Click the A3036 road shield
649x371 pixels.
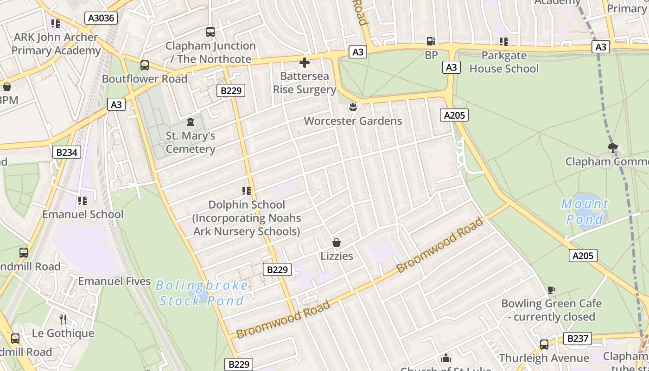tap(101, 18)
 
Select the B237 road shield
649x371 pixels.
tap(578, 339)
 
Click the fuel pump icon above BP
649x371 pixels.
tap(431, 41)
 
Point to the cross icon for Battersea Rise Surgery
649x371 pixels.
tap(305, 62)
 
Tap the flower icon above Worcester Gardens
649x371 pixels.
tap(353, 107)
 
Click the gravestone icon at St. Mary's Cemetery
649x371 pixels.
tap(190, 122)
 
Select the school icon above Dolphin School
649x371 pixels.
tap(246, 191)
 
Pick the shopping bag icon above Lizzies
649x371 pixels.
tap(337, 243)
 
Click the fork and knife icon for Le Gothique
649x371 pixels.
tap(63, 319)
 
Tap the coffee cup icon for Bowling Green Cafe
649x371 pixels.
tap(551, 290)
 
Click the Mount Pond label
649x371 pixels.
tap(585, 211)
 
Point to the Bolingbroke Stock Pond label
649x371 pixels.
tap(202, 293)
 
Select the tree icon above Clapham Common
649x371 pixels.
tap(613, 148)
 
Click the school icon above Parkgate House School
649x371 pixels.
tap(504, 42)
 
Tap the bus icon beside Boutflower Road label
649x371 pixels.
tap(145, 65)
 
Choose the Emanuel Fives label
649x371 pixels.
tap(114, 281)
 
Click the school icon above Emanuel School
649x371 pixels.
tap(83, 201)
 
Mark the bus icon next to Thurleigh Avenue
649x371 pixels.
tap(544, 345)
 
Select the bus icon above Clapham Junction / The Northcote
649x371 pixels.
tap(210, 32)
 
